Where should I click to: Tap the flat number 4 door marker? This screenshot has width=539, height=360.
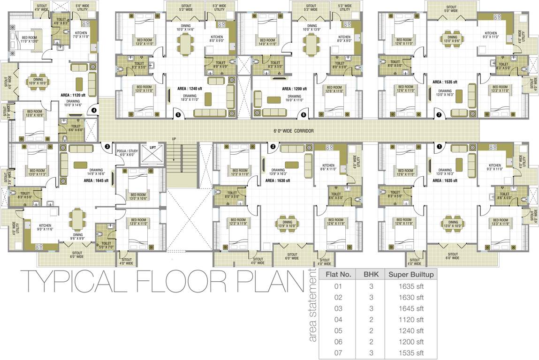[x=94, y=111]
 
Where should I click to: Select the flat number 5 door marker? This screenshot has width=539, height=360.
[x=178, y=114]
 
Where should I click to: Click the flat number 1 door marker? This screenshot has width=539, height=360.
[x=439, y=146]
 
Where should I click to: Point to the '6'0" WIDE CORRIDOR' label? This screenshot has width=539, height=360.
[x=294, y=131]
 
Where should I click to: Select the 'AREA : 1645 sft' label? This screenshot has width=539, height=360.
[x=96, y=180]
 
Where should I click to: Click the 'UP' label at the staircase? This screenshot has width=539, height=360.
[x=174, y=139]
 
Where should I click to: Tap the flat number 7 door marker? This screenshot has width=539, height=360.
[x=439, y=114]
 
